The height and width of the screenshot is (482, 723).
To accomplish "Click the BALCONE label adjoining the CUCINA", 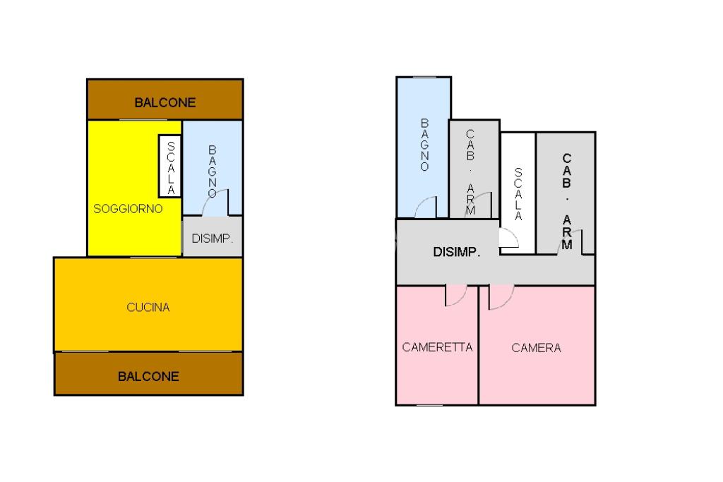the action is (x=148, y=376).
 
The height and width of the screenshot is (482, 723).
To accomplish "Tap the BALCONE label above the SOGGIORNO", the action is (x=165, y=102).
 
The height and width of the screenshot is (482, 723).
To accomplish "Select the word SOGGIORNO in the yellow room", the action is (x=128, y=209).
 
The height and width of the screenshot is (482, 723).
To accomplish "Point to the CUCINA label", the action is (x=148, y=307).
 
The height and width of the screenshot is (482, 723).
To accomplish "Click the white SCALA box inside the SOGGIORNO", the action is (x=170, y=166).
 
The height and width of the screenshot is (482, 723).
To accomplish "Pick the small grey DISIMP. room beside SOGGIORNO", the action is (x=213, y=239).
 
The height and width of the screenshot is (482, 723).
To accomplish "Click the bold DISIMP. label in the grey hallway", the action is (x=457, y=252).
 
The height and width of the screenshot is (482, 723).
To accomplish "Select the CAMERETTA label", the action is (x=437, y=347).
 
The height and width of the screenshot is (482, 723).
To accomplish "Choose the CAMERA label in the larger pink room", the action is (x=537, y=348).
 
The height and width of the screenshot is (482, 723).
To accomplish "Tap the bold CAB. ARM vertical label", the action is (x=567, y=201).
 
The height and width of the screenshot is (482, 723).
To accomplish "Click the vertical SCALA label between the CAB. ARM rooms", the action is (x=518, y=193).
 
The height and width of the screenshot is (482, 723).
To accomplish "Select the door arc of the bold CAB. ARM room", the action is (x=567, y=243).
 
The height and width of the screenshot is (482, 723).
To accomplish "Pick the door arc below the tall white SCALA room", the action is (x=509, y=239).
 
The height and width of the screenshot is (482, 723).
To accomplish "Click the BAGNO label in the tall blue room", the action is (x=424, y=145).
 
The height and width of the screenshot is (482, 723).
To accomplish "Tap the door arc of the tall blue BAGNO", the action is (x=426, y=208).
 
